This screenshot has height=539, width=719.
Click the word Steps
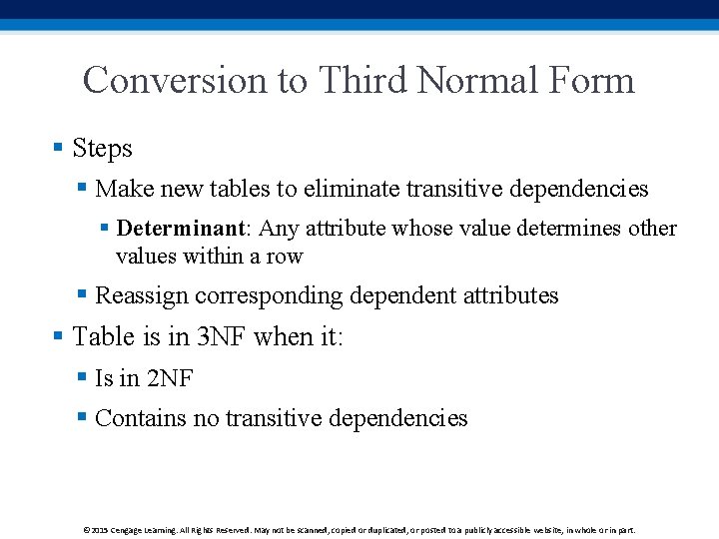click(x=102, y=149)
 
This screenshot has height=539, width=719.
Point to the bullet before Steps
click(x=58, y=149)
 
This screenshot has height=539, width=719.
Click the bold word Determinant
click(x=181, y=229)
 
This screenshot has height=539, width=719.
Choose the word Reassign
click(x=142, y=296)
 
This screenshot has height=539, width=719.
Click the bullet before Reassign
click(x=83, y=295)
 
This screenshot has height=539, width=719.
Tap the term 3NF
click(x=220, y=337)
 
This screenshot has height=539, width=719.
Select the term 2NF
click(x=170, y=378)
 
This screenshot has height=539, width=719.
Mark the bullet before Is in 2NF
click(x=83, y=377)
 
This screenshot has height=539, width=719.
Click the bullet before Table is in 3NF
click(x=58, y=337)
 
